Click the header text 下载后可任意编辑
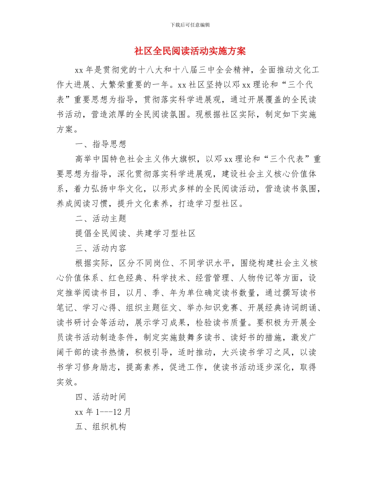point(190,25)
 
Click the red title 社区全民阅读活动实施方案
point(190,51)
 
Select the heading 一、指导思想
point(101,144)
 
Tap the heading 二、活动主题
point(101,218)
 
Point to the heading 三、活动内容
point(101,248)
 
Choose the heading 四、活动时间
point(101,397)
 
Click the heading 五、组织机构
point(101,426)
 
